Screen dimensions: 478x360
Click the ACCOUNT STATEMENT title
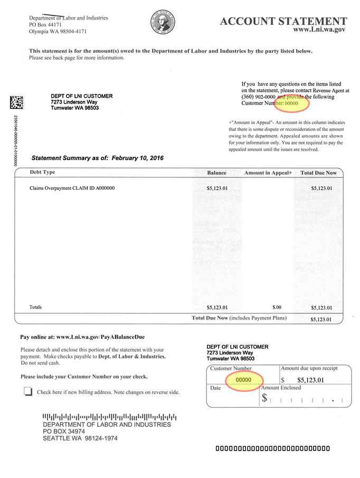[x=283, y=21]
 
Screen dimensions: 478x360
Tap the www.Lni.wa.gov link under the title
[x=319, y=31]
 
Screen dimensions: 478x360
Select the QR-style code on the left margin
[x=16, y=102]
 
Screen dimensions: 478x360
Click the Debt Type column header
[x=42, y=172]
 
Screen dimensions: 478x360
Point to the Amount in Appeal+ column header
[x=268, y=173]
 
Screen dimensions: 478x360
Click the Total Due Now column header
[x=318, y=173]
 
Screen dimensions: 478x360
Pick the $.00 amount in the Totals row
[x=277, y=307]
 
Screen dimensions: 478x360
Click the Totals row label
[x=35, y=307]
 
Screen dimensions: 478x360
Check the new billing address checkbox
[x=27, y=391]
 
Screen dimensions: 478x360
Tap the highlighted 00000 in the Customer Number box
[x=243, y=380]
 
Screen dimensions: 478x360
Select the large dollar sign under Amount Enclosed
[x=264, y=399]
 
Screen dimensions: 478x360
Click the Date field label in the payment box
[x=215, y=388]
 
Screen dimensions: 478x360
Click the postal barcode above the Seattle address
[x=109, y=417]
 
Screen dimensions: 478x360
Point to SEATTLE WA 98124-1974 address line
[x=80, y=438]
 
